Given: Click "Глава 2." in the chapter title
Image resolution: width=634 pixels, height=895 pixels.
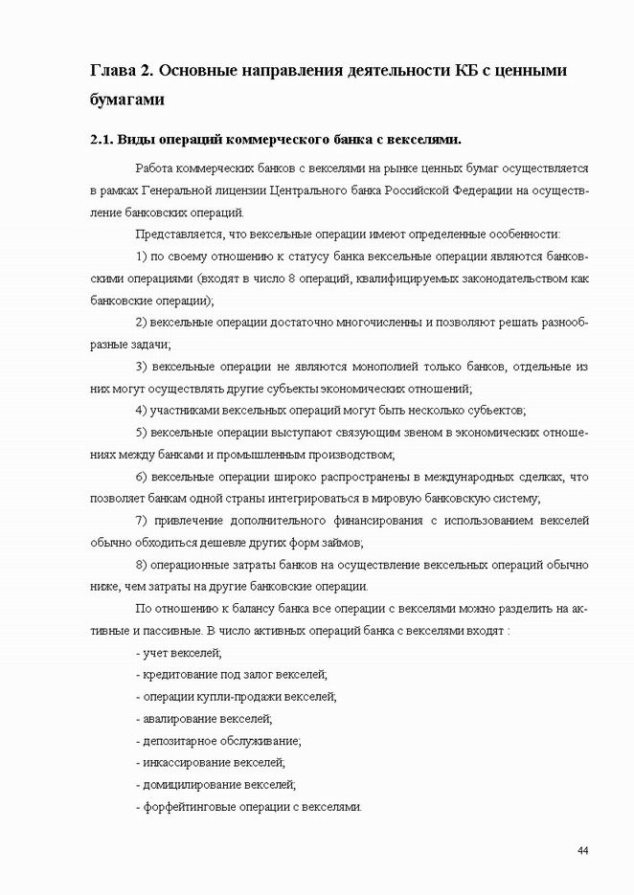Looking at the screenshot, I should [119, 71].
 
